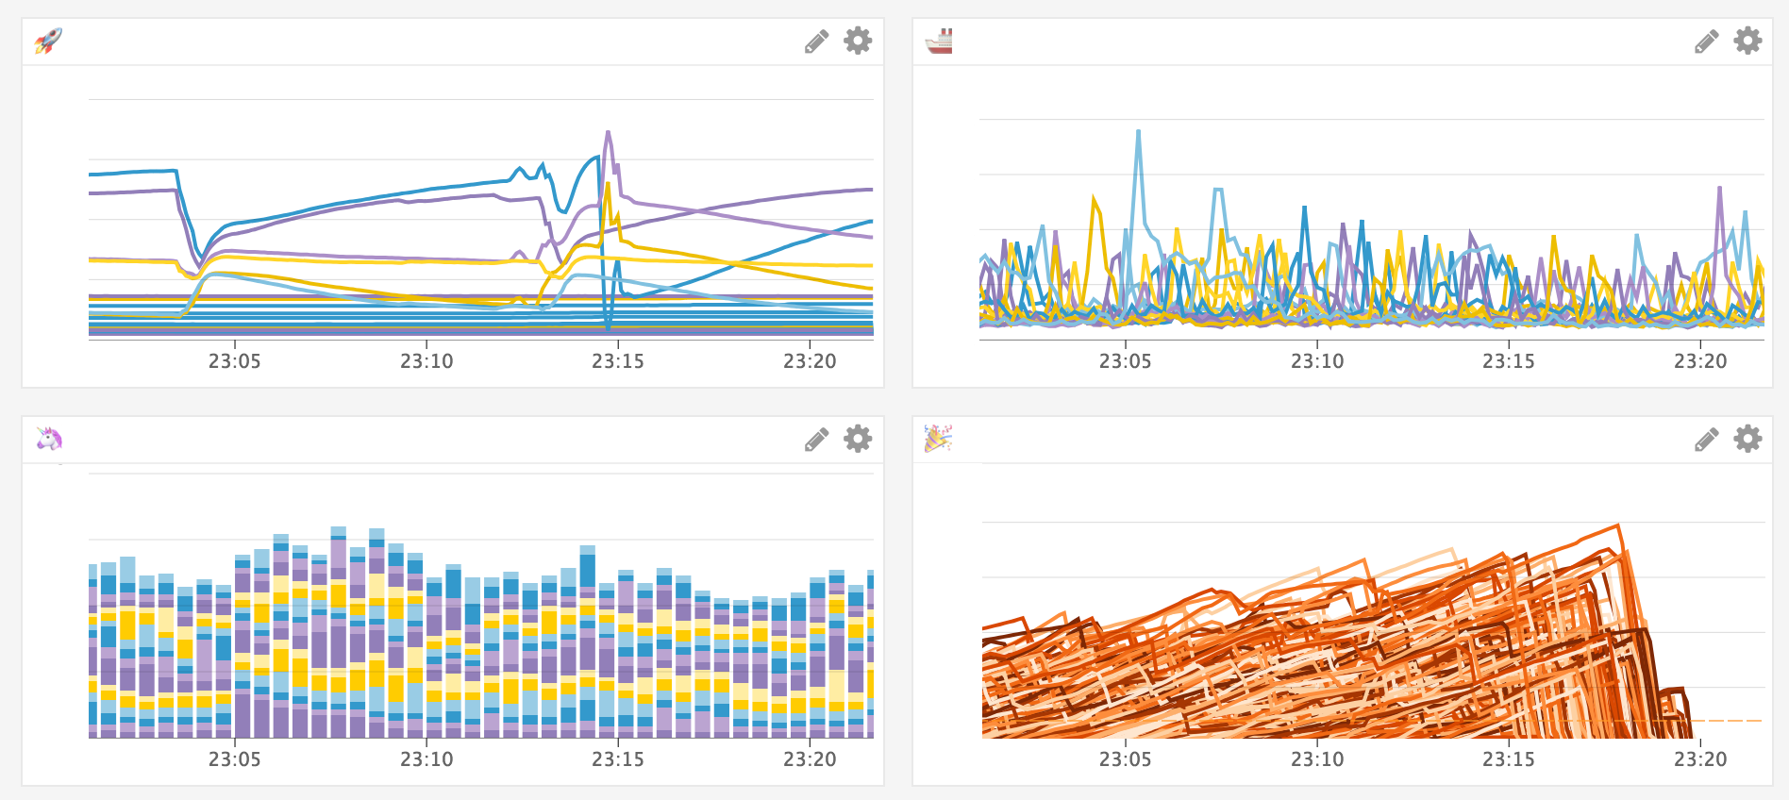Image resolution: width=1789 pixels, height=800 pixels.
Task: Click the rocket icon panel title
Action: [x=48, y=41]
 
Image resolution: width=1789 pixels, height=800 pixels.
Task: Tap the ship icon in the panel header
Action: [x=939, y=41]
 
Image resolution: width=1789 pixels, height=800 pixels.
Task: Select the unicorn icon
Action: [x=49, y=439]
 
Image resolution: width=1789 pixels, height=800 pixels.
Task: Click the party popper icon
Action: [x=938, y=439]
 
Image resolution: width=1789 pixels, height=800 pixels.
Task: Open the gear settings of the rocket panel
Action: [x=858, y=41]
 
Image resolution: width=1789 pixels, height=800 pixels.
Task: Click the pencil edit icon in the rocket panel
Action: [x=817, y=42]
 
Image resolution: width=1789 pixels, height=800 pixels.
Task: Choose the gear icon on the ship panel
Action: [x=1747, y=41]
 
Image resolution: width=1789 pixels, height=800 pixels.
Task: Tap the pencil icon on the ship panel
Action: [x=1707, y=42]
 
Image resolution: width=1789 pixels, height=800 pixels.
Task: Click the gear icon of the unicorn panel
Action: [x=858, y=439]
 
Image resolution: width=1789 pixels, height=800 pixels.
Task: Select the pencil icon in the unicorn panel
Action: [x=817, y=440]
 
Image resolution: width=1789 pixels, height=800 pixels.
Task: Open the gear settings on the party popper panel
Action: [x=1747, y=439]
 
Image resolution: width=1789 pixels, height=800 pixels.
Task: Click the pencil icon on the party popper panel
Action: [x=1707, y=440]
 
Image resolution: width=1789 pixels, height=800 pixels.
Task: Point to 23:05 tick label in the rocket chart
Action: [x=235, y=361]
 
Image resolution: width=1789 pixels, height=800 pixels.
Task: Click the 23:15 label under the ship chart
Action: [x=1509, y=361]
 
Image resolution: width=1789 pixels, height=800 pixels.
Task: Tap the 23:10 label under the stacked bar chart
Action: [x=426, y=759]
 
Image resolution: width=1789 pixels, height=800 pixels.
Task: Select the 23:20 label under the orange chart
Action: [x=1700, y=759]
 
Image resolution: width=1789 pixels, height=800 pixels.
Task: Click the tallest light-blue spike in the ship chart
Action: [x=1139, y=132]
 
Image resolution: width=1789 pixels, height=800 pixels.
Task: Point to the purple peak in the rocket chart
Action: [x=608, y=133]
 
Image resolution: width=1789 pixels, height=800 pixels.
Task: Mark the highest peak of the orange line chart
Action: [x=1618, y=525]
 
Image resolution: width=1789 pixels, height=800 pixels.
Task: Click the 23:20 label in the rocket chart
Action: [x=810, y=361]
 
